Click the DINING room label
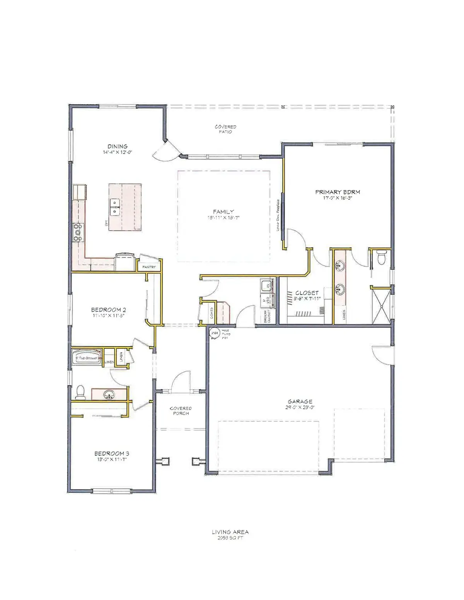tap(118, 146)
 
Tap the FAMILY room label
tap(223, 212)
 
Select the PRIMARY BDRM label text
tap(338, 192)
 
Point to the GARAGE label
tap(300, 401)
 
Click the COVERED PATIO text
tap(225, 129)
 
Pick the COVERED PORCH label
tap(181, 411)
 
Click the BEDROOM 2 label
tap(108, 310)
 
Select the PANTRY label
tap(149, 267)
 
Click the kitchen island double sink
tap(114, 207)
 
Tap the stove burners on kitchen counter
tap(78, 233)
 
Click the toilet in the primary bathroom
tap(382, 257)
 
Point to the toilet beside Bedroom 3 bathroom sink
tap(80, 392)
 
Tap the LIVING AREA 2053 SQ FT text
tap(230, 535)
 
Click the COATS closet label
tap(212, 315)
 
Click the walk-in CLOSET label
tap(307, 293)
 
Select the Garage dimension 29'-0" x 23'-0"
tap(300, 407)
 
